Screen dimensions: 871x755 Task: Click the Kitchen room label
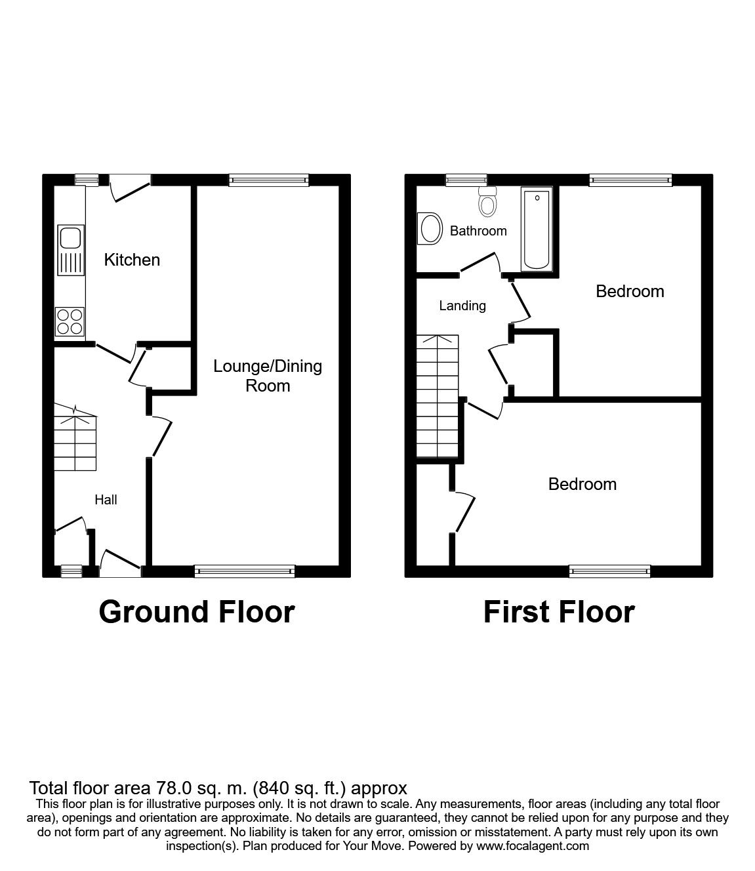pyautogui.click(x=132, y=260)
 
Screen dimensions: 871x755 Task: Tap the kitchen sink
pyautogui.click(x=70, y=249)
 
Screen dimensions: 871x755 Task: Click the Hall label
pyautogui.click(x=106, y=500)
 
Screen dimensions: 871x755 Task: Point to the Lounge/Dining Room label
pyautogui.click(x=268, y=375)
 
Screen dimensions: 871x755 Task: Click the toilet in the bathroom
pyautogui.click(x=487, y=201)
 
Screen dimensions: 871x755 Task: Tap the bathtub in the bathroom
pyautogui.click(x=537, y=228)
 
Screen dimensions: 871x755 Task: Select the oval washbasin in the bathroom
pyautogui.click(x=430, y=230)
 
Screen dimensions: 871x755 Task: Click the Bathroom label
pyautogui.click(x=478, y=231)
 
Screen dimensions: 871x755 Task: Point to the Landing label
pyautogui.click(x=462, y=306)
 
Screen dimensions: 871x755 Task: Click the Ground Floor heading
pyautogui.click(x=197, y=612)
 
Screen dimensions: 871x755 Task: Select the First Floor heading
pyautogui.click(x=559, y=612)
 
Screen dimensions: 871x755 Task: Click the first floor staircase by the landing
pyautogui.click(x=438, y=397)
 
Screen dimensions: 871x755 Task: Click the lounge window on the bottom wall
pyautogui.click(x=245, y=571)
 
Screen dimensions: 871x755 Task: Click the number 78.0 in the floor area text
pyautogui.click(x=169, y=788)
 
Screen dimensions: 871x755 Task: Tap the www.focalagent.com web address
pyautogui.click(x=533, y=846)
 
